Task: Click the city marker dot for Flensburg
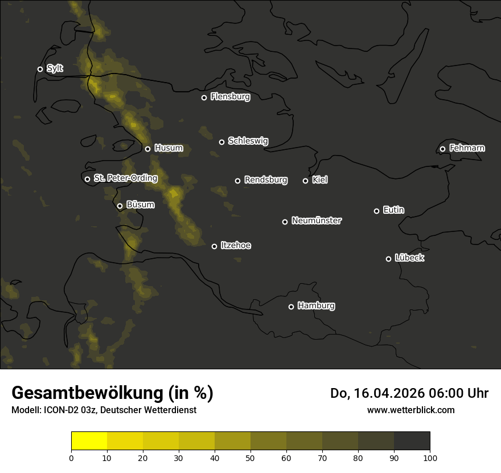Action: tap(204, 97)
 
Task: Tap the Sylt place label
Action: tap(55, 68)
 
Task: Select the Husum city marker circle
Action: tap(147, 149)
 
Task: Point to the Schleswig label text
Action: tap(248, 141)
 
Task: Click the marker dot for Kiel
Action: tap(305, 181)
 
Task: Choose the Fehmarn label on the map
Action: tap(467, 148)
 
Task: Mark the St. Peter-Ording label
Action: tap(125, 178)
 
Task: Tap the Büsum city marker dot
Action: tap(120, 206)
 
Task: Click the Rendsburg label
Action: tap(265, 180)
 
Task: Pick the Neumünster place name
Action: tap(316, 221)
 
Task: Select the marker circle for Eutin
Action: tap(376, 211)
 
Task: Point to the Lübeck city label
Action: tap(409, 258)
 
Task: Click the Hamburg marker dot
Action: tap(291, 307)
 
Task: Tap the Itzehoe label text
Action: tap(236, 246)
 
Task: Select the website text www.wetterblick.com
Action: tap(410, 410)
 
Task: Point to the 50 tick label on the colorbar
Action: tap(250, 457)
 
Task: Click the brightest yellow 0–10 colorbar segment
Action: tap(89, 441)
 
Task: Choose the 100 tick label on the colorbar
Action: tap(430, 457)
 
